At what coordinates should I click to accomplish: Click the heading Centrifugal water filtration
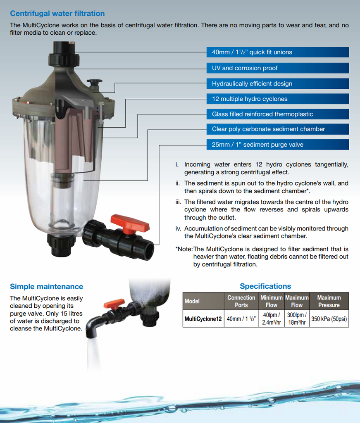(x=57, y=14)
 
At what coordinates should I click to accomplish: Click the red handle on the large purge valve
(x=130, y=223)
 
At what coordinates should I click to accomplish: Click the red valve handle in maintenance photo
(x=114, y=304)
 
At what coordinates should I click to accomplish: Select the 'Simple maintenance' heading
(x=46, y=287)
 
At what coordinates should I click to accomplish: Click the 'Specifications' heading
(x=265, y=286)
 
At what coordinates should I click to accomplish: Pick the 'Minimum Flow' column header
(x=271, y=301)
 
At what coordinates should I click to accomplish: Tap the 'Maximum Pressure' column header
(x=329, y=301)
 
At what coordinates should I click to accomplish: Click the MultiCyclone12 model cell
(x=203, y=319)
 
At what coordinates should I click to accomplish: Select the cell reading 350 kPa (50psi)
(x=329, y=319)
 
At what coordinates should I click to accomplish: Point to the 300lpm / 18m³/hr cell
(x=296, y=319)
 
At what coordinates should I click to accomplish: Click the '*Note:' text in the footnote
(x=184, y=249)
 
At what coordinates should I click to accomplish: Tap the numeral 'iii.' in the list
(x=179, y=202)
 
